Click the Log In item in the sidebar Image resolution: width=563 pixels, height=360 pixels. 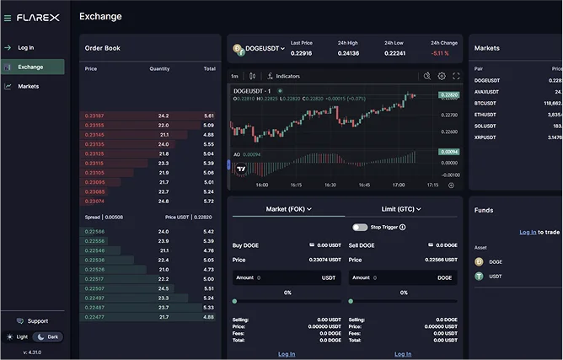click(25, 48)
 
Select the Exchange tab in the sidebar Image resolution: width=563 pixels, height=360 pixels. click(30, 67)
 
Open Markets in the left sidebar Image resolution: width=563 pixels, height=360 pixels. click(28, 86)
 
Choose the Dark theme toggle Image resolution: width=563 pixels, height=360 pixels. click(48, 337)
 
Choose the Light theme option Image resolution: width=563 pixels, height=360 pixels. click(18, 337)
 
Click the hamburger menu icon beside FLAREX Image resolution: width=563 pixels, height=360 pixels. click(8, 18)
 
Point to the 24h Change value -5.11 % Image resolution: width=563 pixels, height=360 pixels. click(439, 53)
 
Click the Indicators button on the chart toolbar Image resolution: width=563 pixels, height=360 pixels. click(283, 76)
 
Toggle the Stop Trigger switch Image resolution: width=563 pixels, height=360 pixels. click(360, 227)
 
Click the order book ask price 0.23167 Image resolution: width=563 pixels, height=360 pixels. click(94, 116)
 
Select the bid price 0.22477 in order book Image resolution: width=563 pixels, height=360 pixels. click(94, 317)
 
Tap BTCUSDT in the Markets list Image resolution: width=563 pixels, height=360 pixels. click(485, 103)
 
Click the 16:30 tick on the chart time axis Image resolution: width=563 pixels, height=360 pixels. click(330, 185)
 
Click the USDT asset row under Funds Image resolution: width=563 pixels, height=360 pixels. click(495, 276)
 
